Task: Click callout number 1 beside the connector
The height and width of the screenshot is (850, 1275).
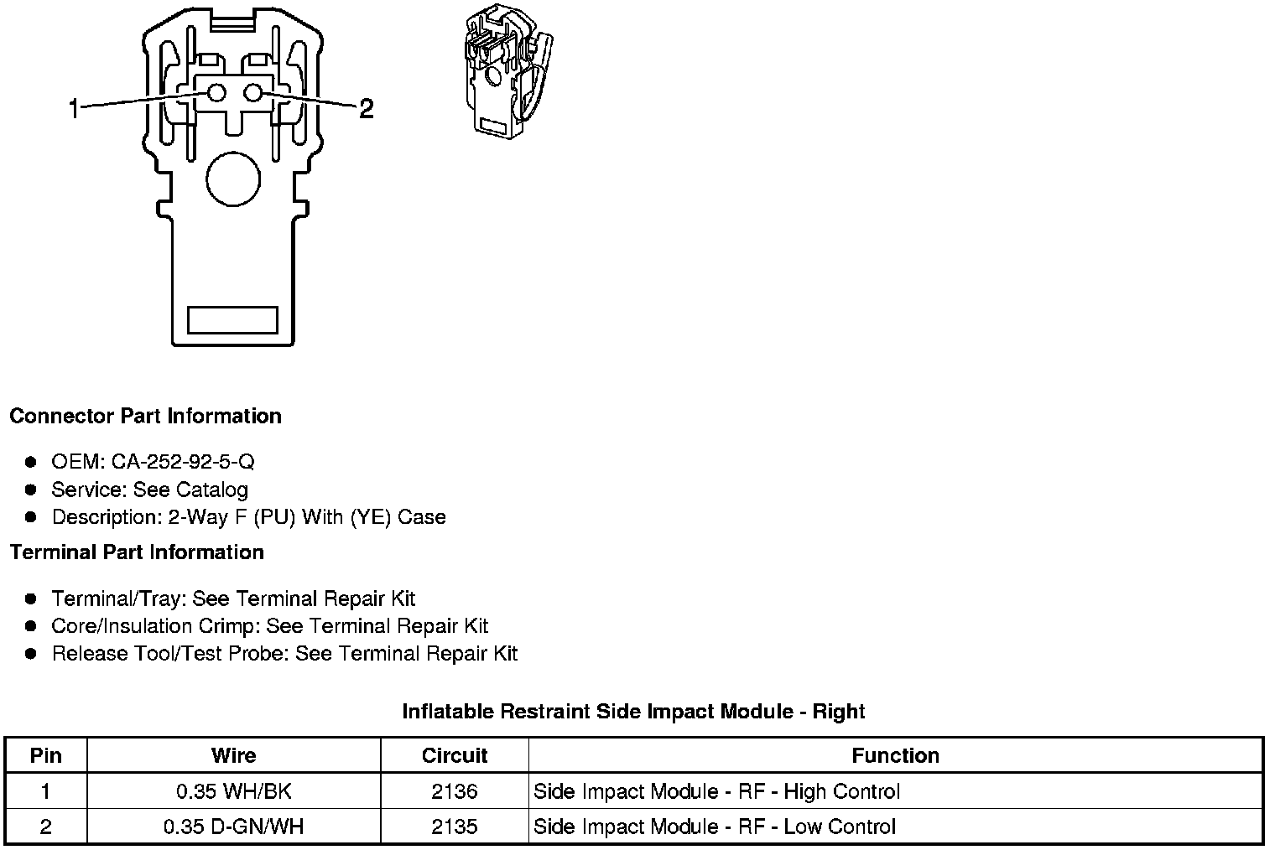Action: [x=74, y=108]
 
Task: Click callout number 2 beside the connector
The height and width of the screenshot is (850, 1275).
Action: [x=366, y=108]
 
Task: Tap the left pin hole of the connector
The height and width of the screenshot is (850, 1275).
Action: [x=216, y=93]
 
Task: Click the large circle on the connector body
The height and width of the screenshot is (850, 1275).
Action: [x=233, y=179]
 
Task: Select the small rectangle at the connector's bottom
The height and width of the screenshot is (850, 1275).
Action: [x=232, y=319]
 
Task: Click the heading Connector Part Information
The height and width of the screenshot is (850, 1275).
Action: [x=145, y=417]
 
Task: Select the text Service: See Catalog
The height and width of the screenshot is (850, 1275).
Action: [x=149, y=490]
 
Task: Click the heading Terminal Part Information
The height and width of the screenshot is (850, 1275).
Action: [x=137, y=552]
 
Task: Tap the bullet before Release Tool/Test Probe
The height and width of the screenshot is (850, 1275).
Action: [x=31, y=654]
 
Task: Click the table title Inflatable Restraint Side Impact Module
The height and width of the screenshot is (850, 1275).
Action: [x=633, y=712]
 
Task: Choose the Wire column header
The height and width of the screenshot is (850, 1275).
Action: [x=233, y=755]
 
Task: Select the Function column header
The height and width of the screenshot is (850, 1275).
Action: [x=895, y=755]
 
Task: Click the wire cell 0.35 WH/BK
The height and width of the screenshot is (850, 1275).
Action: [x=233, y=791]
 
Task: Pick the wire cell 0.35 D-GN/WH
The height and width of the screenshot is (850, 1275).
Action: [x=233, y=827]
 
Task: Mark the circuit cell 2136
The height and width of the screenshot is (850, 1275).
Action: [x=454, y=791]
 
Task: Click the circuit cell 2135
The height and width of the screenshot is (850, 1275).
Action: [x=454, y=827]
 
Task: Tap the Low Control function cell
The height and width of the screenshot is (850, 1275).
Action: [x=715, y=827]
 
